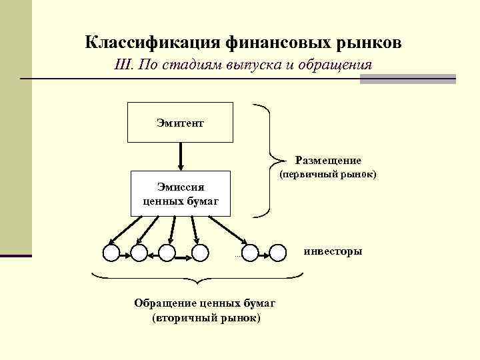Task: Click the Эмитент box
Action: pos(180,123)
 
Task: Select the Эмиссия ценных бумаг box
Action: pos(180,193)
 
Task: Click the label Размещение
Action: pos(328,161)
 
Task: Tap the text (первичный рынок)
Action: pos(328,175)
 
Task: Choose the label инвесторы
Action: pos(333,251)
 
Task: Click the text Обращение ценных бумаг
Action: pos(205,303)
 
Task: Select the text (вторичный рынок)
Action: pos(207,318)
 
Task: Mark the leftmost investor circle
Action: pos(111,252)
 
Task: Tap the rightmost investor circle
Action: pos(279,252)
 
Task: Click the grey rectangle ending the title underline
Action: pos(407,79)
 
